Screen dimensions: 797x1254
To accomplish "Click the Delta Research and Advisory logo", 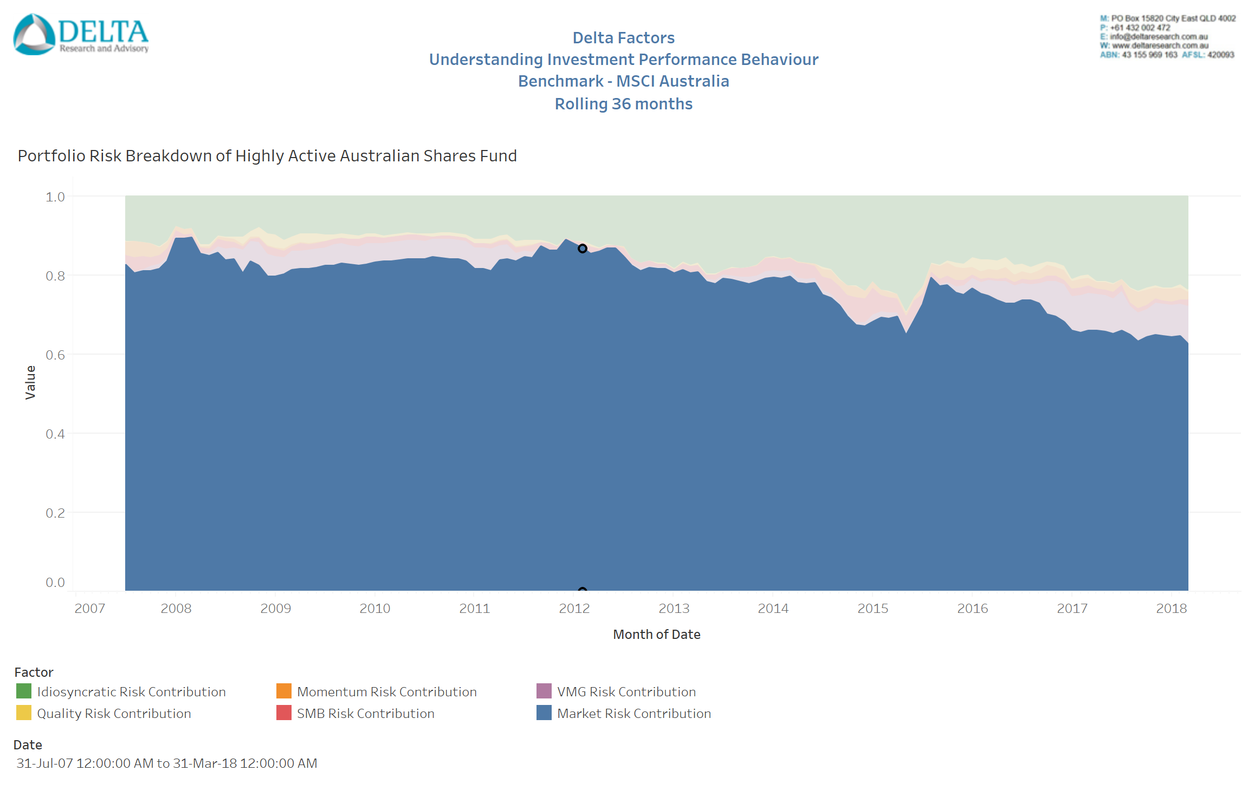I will point(80,35).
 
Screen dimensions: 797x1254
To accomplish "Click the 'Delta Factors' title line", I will point(623,38).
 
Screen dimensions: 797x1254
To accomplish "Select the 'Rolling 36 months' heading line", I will point(623,104).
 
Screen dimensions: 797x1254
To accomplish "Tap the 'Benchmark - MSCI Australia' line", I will point(623,81).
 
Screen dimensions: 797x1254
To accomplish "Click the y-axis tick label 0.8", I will point(55,276).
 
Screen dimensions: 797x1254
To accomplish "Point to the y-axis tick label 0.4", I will point(55,434).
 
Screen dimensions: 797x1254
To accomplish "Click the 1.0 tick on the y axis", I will point(55,197).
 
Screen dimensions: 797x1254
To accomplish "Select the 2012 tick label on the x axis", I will point(574,609).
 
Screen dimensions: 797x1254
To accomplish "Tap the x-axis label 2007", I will point(89,609).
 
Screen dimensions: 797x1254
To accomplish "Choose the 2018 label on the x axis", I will point(1171,609).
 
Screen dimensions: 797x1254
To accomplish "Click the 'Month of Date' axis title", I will point(656,635).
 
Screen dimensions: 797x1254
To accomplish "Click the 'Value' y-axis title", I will point(30,382).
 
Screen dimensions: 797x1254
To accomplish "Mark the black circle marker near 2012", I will point(582,249).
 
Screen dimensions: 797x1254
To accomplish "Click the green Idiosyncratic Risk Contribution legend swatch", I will point(24,691).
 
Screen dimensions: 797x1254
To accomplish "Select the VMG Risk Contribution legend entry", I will point(626,692).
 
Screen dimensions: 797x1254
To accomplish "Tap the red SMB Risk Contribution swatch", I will point(284,713).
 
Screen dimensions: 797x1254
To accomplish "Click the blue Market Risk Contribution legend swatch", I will point(544,713).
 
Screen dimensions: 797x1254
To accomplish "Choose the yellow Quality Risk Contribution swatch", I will point(24,713).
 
